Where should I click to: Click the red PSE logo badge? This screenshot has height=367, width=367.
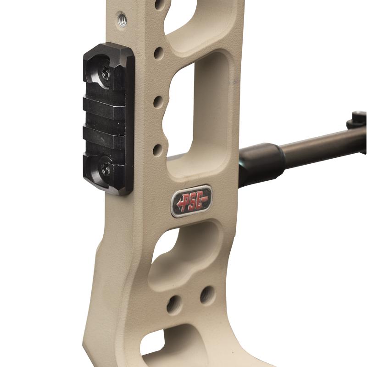coord(191,201)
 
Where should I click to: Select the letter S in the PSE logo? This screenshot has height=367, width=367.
coord(193,201)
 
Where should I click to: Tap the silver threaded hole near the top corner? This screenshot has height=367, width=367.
coord(122,19)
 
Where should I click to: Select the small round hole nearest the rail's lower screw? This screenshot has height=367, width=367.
coord(157,150)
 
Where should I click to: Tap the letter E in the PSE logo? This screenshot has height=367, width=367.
coord(200,200)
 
